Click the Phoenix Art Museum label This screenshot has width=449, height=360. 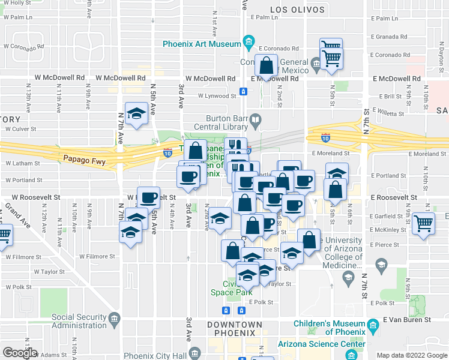201,44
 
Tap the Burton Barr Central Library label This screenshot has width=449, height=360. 228,122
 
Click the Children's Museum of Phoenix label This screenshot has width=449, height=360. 330,328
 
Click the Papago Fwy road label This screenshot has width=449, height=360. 79,159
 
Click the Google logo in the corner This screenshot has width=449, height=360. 19,353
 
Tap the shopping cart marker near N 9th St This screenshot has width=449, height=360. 424,224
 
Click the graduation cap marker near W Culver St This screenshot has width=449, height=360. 137,114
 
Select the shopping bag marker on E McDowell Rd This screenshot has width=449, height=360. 266,66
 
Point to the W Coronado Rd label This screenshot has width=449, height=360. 25,46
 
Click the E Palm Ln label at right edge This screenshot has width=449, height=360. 384,19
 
